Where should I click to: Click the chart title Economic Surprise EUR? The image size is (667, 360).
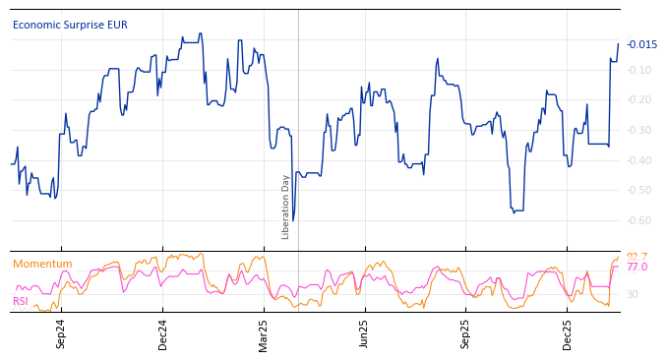click(70, 26)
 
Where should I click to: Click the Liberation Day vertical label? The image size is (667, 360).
click(286, 207)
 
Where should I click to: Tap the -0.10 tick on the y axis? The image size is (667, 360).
click(640, 70)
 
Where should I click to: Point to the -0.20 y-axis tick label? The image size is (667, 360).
click(640, 100)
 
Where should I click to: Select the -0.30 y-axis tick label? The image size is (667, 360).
click(640, 130)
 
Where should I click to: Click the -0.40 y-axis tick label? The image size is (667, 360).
click(640, 160)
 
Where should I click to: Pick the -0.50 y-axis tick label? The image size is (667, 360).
click(640, 190)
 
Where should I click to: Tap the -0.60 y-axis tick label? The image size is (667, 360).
click(640, 220)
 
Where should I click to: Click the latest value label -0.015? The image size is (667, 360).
click(642, 44)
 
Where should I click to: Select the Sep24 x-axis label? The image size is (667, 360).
click(61, 333)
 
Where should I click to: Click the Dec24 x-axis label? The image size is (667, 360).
click(163, 333)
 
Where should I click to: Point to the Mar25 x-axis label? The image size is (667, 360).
click(264, 333)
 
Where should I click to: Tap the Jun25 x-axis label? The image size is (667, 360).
click(364, 333)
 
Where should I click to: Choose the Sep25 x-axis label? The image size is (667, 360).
click(466, 333)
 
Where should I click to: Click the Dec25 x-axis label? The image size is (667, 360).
click(568, 333)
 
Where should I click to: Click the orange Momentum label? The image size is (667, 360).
click(42, 264)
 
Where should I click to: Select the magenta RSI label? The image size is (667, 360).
click(21, 301)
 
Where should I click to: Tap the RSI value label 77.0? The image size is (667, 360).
click(637, 268)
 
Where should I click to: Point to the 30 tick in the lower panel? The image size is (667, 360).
click(632, 294)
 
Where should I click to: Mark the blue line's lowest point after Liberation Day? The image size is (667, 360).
click(293, 220)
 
